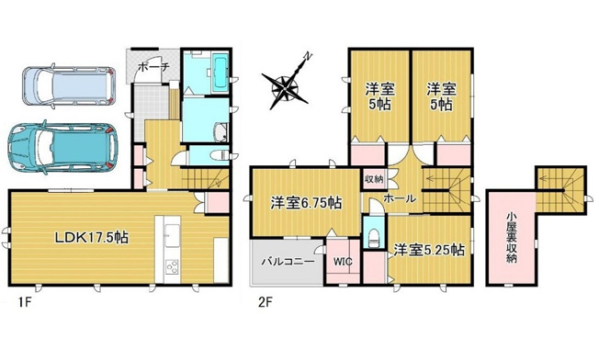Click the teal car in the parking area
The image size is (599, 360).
tap(61, 146)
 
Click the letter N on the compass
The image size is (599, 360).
tap(309, 57)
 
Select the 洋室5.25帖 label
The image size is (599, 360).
tap(428, 250)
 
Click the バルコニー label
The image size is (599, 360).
tap(288, 261)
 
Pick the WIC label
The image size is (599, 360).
tap(343, 261)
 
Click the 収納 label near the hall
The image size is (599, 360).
tap(373, 179)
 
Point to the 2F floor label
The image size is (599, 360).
tap(264, 299)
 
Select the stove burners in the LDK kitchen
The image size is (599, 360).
tap(172, 268)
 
